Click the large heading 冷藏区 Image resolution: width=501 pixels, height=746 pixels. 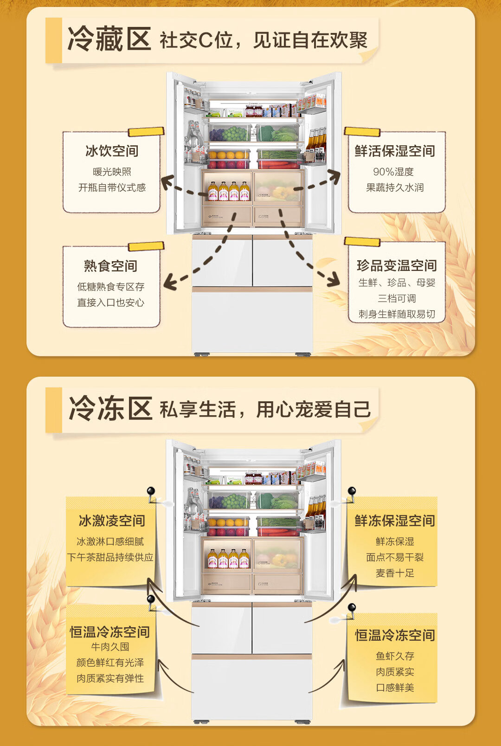click(109, 39)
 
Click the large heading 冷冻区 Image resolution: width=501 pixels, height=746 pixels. click(110, 409)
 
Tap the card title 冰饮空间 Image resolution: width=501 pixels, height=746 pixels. click(112, 151)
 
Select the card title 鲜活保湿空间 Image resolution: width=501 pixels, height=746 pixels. click(395, 151)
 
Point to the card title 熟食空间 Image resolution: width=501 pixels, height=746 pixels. click(110, 266)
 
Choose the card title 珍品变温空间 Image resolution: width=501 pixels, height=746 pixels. click(397, 265)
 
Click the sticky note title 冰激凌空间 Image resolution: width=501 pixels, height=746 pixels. click(112, 521)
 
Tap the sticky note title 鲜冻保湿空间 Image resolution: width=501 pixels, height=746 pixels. click(395, 521)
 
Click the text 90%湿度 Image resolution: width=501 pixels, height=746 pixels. click(393, 172)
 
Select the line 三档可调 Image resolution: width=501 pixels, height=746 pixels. click(397, 298)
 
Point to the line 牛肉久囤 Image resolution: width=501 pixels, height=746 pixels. click(110, 647)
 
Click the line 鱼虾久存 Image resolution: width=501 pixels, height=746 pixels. click(395, 656)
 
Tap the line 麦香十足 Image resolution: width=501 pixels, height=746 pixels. click(395, 573)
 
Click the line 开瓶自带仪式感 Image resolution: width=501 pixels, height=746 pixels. click(112, 187)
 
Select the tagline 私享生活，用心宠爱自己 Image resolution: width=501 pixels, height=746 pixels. click(265, 410)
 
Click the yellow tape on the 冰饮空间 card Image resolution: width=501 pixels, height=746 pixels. click(146, 132)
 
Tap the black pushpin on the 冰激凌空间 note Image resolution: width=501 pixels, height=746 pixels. click(151, 491)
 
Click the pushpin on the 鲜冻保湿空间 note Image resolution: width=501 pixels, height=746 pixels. click(352, 491)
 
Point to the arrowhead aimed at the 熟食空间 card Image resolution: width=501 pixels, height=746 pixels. click(170, 283)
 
